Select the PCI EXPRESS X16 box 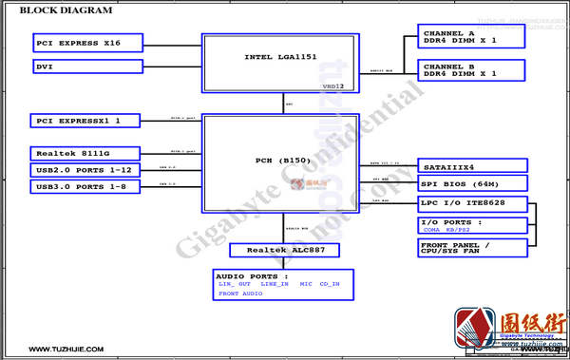pos(87,43)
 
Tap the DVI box pos(87,66)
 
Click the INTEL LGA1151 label pos(279,57)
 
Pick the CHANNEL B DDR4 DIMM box pos(472,69)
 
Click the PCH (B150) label pos(282,161)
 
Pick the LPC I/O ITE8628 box pos(472,203)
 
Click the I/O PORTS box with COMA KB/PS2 pos(472,225)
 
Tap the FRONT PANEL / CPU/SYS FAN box pos(472,248)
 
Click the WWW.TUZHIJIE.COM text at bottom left pos(66,350)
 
